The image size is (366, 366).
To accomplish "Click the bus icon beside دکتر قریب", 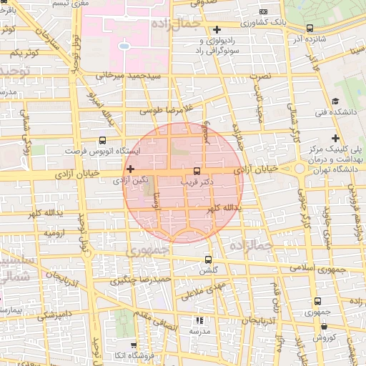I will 197,171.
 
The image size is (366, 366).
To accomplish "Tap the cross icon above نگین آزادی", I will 130,169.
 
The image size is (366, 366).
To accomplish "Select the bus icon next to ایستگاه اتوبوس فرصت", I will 102,141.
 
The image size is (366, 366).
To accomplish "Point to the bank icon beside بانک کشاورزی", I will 264,11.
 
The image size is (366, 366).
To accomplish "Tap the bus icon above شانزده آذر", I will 310,29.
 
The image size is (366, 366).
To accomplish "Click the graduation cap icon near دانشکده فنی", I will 335,102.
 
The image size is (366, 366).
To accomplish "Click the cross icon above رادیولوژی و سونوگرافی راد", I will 217,29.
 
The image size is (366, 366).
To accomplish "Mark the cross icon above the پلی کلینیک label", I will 335,138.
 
